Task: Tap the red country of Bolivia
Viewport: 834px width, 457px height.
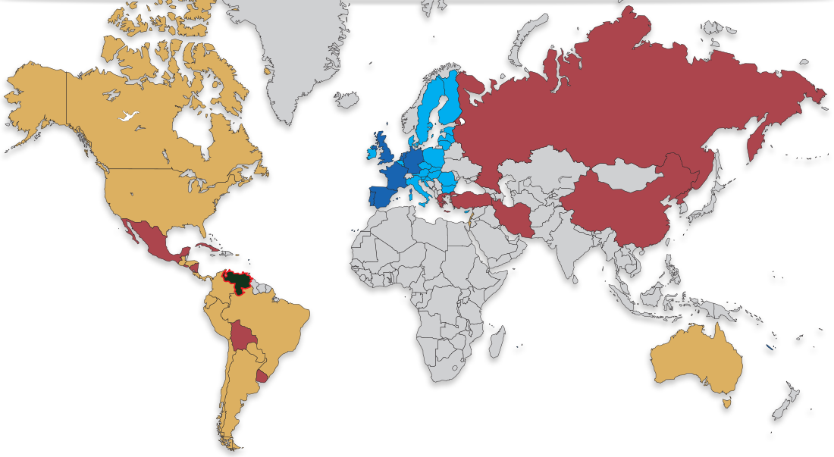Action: pos(243,336)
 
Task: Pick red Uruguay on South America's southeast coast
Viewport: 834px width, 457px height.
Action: pos(262,376)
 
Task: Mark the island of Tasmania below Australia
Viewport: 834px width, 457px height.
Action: pos(726,402)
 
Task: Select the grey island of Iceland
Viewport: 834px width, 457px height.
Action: pos(347,99)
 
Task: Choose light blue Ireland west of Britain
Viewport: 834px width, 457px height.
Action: pos(372,151)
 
